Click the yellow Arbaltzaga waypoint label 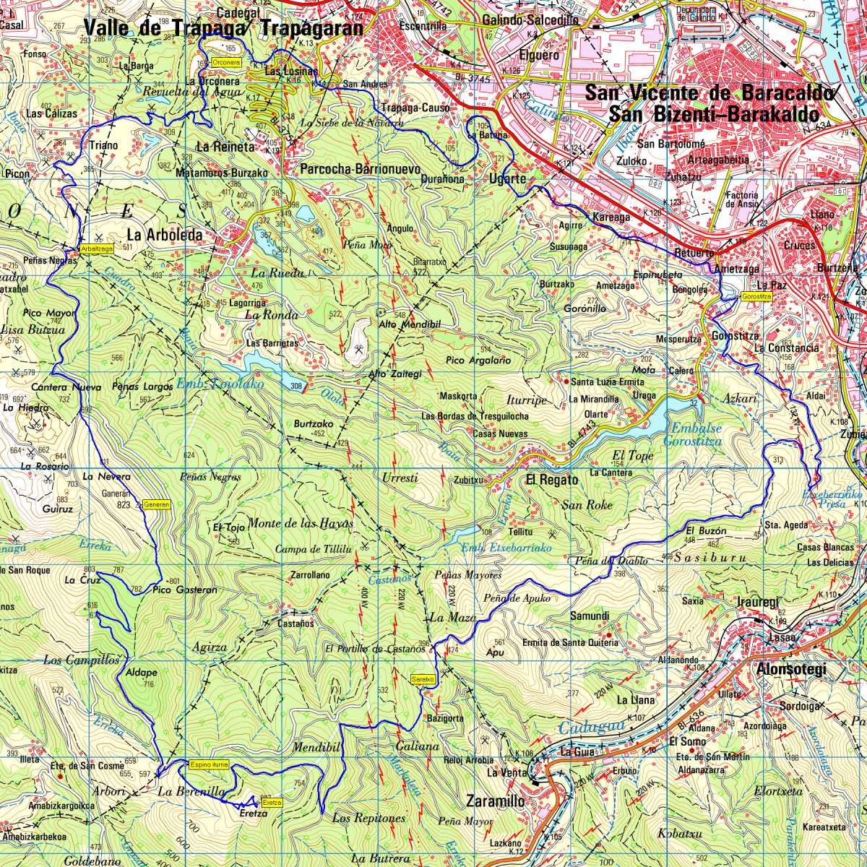point(97,248)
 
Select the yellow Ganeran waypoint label point(156,504)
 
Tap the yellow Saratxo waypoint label point(423,679)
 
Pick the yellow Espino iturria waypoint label point(209,763)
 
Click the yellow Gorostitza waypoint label point(756,296)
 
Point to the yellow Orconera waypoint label point(226,63)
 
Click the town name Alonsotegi point(790,670)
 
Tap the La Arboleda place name point(164,235)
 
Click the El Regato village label point(552,479)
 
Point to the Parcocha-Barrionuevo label point(360,169)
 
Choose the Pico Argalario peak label point(478,360)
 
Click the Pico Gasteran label point(185,590)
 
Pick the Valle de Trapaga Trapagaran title point(223,27)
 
